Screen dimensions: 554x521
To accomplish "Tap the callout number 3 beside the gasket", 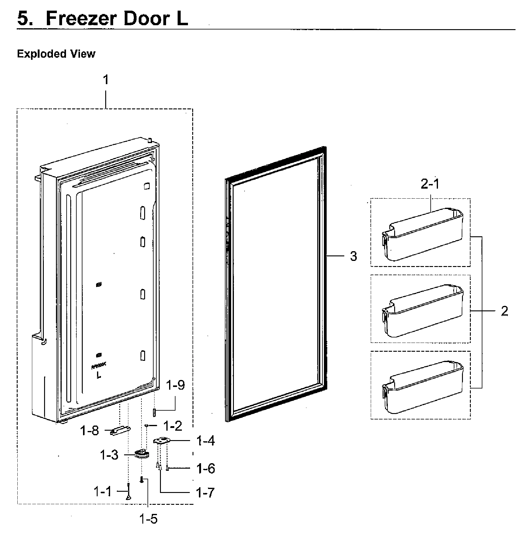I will [353, 256].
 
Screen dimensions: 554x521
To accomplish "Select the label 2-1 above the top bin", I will [430, 184].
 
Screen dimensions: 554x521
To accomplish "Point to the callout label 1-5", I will [148, 519].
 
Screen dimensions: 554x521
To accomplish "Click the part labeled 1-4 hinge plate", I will [161, 441].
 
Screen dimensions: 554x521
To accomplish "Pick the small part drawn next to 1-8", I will [120, 431].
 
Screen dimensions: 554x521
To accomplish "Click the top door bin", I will [422, 234].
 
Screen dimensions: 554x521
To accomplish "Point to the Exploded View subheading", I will [56, 54].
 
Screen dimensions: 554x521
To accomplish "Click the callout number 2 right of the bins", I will [504, 311].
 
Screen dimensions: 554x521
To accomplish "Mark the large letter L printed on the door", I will [99, 375].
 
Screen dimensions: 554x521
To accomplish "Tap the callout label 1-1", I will [103, 491].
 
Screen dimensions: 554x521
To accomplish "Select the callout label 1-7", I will [206, 493].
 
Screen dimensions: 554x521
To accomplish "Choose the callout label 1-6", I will [206, 469].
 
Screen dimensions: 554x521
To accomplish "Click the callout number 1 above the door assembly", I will [106, 80].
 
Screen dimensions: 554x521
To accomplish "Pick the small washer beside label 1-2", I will [147, 426].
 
